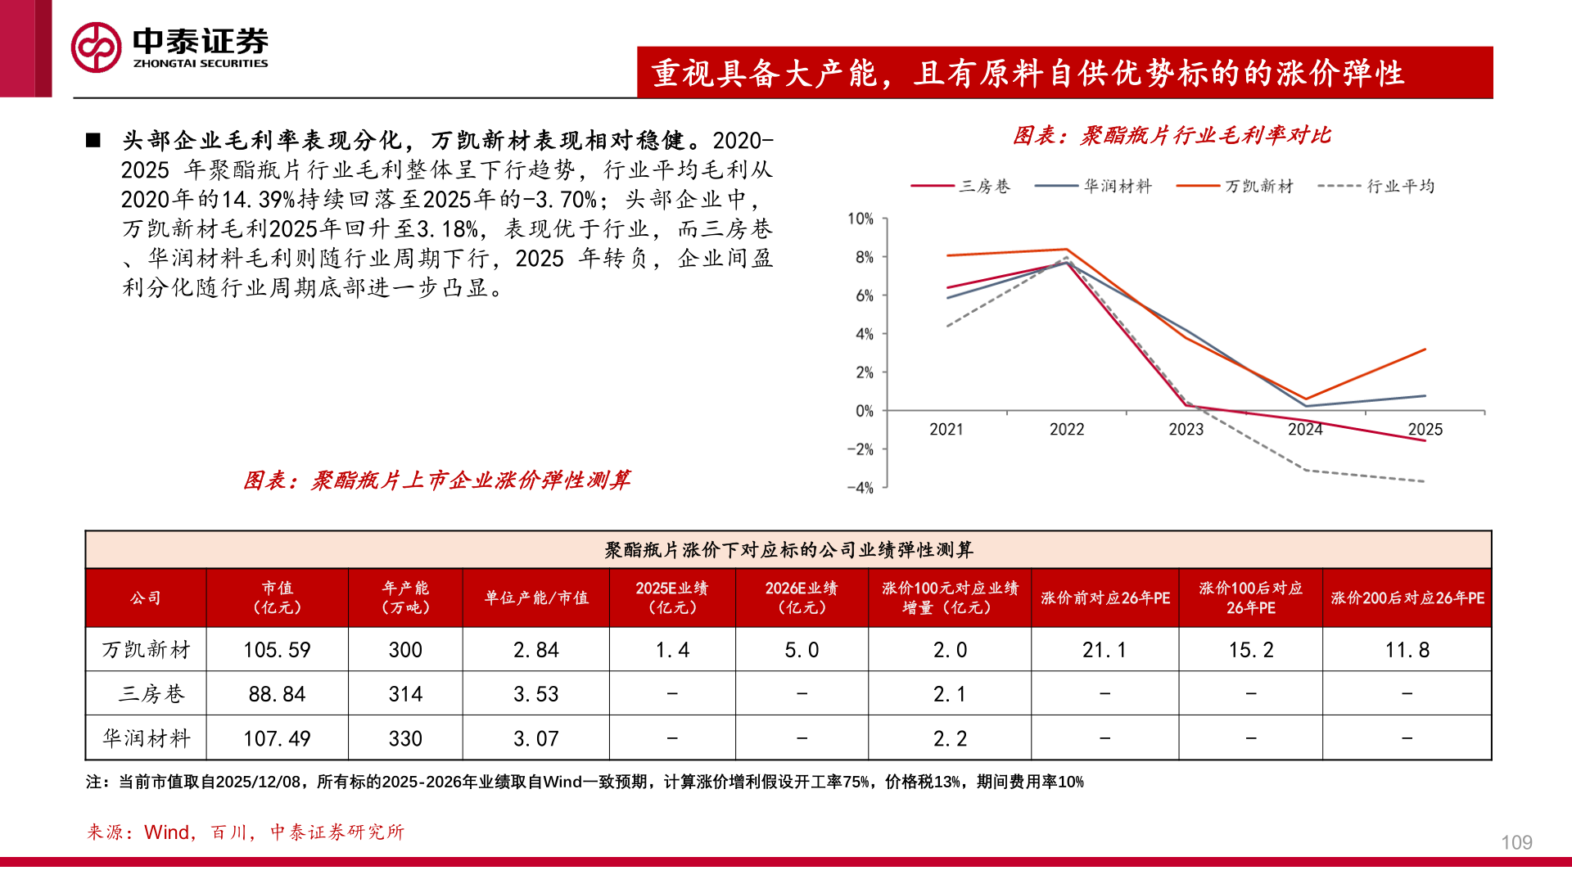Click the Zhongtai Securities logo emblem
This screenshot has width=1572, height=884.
coord(96,47)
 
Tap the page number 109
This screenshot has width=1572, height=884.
coord(1516,842)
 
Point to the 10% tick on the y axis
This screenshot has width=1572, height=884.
coord(860,219)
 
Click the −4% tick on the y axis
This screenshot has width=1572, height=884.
coord(860,488)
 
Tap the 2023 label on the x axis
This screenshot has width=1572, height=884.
coord(1186,430)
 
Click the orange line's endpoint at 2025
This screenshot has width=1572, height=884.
coord(1425,350)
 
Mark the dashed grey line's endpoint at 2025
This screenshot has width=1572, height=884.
coord(1425,481)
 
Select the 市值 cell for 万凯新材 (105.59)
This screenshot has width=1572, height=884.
coord(277,650)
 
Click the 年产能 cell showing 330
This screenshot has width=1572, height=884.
coord(405,738)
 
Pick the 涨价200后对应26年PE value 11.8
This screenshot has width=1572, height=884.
coord(1407,650)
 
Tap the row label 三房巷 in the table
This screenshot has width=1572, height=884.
coord(151,694)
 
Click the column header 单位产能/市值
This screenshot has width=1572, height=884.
coord(536,598)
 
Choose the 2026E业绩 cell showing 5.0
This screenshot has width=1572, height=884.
coord(802,650)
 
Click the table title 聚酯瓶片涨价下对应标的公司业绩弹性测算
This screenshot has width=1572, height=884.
coord(788,550)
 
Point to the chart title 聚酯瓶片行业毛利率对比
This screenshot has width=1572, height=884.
coord(1172,136)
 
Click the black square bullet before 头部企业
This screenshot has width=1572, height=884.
coord(93,141)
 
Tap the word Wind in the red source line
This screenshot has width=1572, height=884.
coord(166,832)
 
